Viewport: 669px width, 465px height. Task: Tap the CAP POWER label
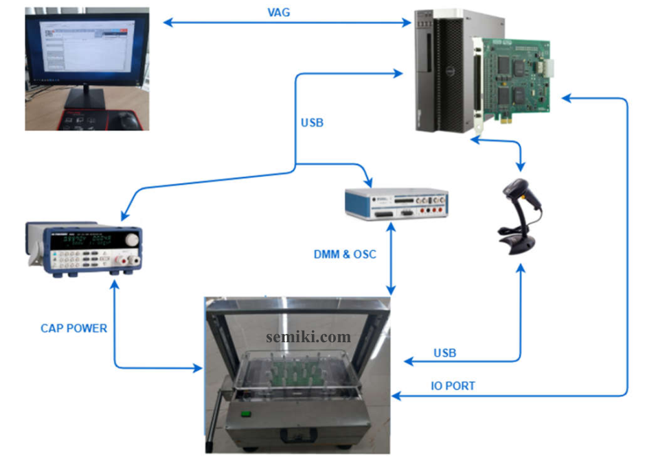click(74, 329)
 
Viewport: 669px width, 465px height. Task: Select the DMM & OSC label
click(345, 254)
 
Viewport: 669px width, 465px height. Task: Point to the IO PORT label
click(453, 386)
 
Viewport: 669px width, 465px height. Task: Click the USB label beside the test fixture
click(444, 353)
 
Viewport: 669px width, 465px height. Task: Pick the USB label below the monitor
click(312, 123)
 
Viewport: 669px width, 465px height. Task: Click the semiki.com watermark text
click(308, 337)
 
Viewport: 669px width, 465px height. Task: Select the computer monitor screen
click(86, 47)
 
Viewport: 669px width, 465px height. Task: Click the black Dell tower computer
click(446, 69)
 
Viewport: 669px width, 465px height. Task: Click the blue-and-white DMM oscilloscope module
click(397, 204)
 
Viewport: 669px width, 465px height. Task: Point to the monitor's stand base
click(86, 103)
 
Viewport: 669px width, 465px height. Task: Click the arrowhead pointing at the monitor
click(167, 23)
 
